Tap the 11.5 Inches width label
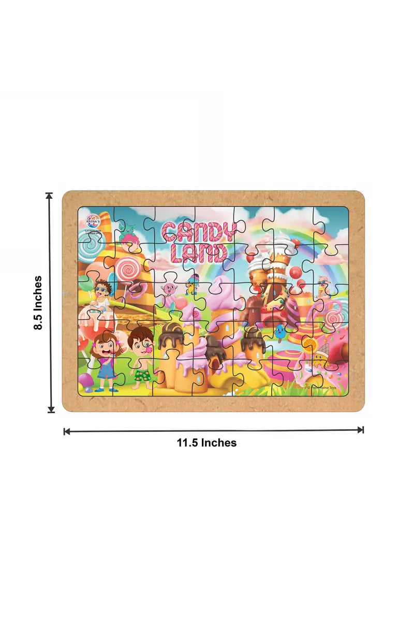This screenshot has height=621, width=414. click(207, 443)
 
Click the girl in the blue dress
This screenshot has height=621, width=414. click(105, 360)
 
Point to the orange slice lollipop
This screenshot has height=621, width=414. click(310, 344)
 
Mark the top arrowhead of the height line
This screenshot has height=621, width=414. click(50, 196)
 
